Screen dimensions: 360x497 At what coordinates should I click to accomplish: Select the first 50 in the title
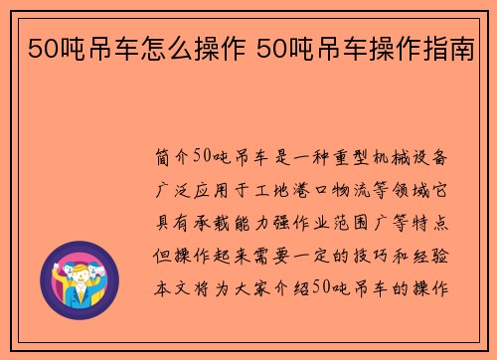pos(39,47)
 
